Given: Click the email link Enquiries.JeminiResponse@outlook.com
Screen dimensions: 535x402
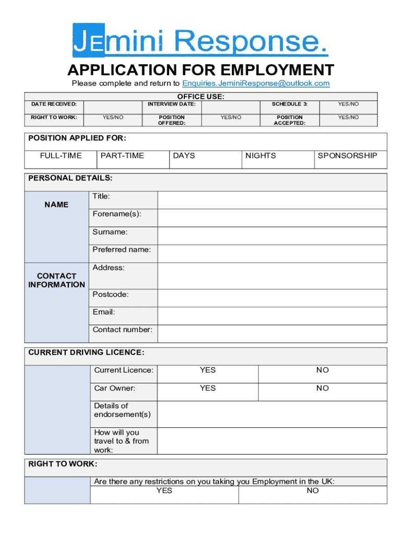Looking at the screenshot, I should click(x=256, y=84).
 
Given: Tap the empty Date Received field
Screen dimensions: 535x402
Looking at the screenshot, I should click(x=113, y=104).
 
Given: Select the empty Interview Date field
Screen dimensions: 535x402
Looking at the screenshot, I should click(x=230, y=104).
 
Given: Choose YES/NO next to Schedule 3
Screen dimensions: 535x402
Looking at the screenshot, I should click(x=348, y=104).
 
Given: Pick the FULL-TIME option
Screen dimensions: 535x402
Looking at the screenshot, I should click(x=61, y=156).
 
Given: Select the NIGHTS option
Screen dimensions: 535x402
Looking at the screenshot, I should click(x=261, y=156).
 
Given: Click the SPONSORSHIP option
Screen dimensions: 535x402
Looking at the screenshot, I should click(x=347, y=156).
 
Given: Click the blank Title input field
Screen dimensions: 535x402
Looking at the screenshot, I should click(x=272, y=200).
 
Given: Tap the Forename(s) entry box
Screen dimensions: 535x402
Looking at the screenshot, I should click(x=272, y=218).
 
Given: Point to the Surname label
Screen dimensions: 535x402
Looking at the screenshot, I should click(x=110, y=232).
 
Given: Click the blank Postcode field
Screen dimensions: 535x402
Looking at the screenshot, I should click(x=272, y=298).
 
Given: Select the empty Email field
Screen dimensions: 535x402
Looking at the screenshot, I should click(x=272, y=316).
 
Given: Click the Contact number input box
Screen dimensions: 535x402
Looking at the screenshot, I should click(x=272, y=333).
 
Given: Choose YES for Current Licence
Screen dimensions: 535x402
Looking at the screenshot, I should click(x=208, y=370).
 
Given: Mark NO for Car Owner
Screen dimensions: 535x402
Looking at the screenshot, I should click(x=323, y=388).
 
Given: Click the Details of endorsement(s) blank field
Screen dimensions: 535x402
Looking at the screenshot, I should click(x=272, y=414).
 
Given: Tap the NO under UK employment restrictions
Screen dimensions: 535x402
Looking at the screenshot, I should click(x=313, y=491).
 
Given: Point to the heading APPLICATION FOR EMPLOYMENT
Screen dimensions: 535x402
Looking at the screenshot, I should click(x=200, y=69).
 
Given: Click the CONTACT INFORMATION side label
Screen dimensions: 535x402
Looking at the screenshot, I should click(x=57, y=281).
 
